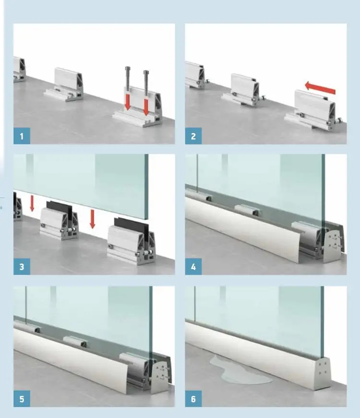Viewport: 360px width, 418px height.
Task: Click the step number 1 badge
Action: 22,136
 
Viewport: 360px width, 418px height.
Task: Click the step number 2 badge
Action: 193,136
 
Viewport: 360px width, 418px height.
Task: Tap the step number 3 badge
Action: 22,266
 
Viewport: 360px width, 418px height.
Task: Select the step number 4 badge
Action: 193,266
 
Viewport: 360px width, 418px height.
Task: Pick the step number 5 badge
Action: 22,398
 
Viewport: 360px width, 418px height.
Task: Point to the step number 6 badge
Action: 193,398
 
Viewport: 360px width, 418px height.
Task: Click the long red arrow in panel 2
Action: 320,88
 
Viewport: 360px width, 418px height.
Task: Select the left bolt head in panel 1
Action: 127,68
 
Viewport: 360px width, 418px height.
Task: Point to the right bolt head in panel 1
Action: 146,72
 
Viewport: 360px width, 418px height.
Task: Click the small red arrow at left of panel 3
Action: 32,203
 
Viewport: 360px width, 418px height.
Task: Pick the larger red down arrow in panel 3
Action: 92,219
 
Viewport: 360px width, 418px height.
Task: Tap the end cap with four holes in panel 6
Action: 323,373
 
